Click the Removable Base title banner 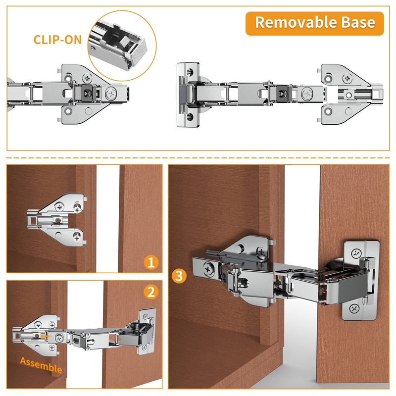pos(314,23)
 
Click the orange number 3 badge pos(179,276)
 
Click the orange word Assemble pos(41,365)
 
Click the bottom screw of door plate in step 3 pos(355,308)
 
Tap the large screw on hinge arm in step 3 pos(208,269)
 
